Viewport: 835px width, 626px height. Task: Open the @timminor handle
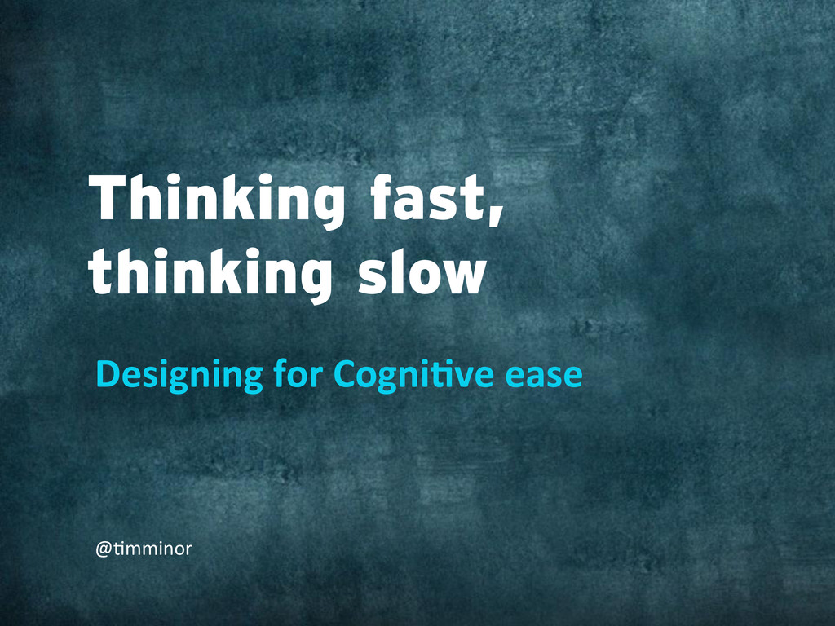click(144, 549)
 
